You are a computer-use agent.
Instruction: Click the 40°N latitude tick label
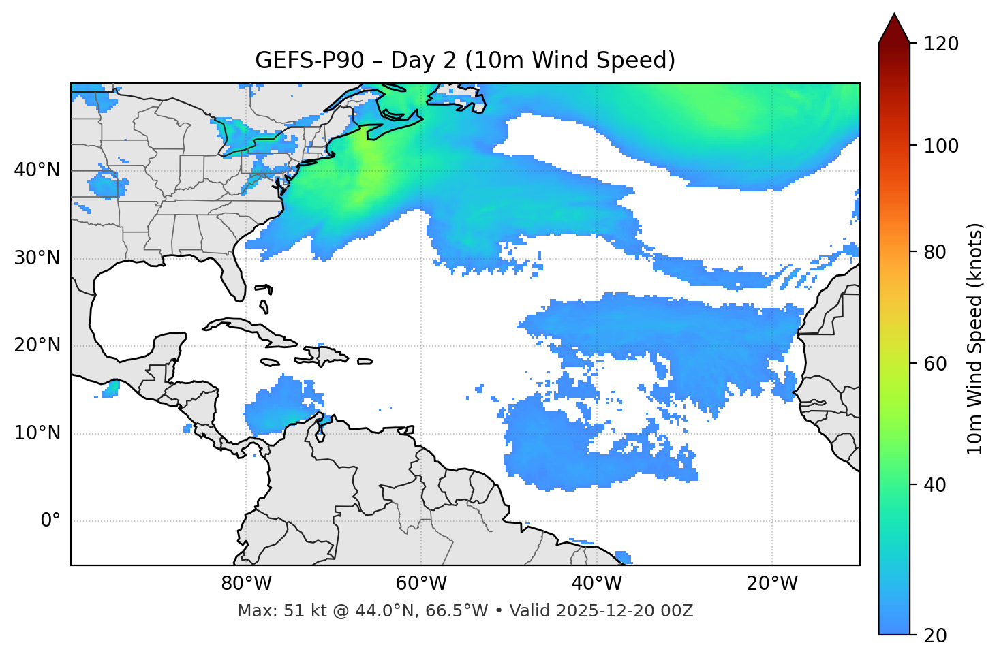click(37, 170)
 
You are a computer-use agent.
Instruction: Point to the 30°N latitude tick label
click(37, 258)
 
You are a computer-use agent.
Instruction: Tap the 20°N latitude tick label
click(37, 345)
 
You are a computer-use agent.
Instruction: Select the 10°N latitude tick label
click(37, 433)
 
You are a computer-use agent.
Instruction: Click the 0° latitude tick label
click(50, 521)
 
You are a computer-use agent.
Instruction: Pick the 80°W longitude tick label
click(246, 584)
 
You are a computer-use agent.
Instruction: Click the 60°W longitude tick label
click(421, 584)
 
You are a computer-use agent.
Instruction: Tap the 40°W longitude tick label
click(596, 584)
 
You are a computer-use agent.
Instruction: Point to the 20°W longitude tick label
click(771, 584)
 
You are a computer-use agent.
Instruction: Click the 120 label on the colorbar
click(940, 44)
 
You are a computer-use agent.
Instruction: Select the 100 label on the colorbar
click(940, 146)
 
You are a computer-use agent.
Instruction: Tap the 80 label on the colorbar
click(936, 252)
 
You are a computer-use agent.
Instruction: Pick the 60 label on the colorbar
click(936, 364)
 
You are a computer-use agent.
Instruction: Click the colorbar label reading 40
click(936, 485)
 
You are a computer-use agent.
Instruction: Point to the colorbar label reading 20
click(936, 635)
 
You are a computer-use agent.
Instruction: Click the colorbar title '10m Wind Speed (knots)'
click(976, 339)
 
